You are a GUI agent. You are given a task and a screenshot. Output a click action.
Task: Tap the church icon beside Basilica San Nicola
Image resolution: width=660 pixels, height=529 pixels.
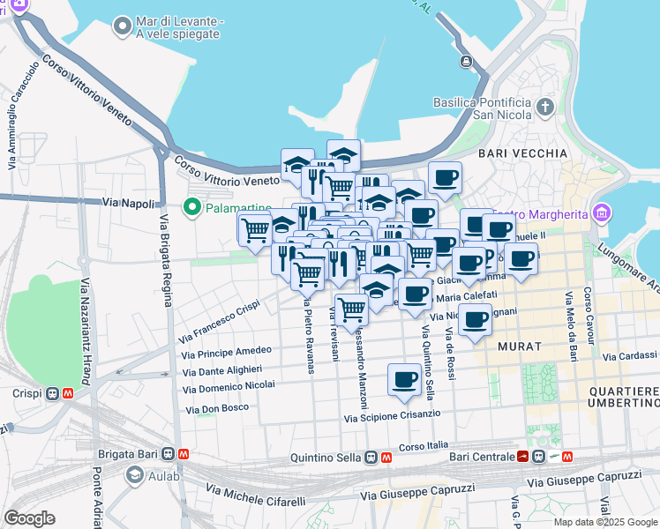pyautogui.click(x=545, y=108)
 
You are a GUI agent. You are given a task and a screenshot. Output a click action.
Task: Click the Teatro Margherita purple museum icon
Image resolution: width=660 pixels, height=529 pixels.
pyautogui.click(x=603, y=213)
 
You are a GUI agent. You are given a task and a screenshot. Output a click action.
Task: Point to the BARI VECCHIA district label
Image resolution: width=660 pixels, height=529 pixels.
pyautogui.click(x=522, y=153)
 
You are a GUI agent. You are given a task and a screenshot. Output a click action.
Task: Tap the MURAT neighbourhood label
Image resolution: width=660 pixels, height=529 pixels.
pyautogui.click(x=520, y=346)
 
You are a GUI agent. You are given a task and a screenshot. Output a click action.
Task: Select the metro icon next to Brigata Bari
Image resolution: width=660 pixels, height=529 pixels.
pyautogui.click(x=184, y=455)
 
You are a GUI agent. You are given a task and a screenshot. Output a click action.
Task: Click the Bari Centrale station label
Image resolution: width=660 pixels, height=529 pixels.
pyautogui.click(x=481, y=457)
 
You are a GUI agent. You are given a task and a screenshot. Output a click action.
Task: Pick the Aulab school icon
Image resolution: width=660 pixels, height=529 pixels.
pyautogui.click(x=135, y=477)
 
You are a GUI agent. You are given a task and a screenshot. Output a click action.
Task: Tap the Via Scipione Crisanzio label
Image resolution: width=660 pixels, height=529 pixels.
pyautogui.click(x=392, y=414)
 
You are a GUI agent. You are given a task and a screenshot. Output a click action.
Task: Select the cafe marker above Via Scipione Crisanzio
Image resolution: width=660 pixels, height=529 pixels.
pyautogui.click(x=404, y=380)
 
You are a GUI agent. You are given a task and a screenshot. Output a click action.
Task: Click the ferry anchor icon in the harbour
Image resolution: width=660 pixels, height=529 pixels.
pyautogui.click(x=466, y=62)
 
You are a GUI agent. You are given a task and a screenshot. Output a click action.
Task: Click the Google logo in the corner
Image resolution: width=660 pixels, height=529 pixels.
pyautogui.click(x=29, y=518)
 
